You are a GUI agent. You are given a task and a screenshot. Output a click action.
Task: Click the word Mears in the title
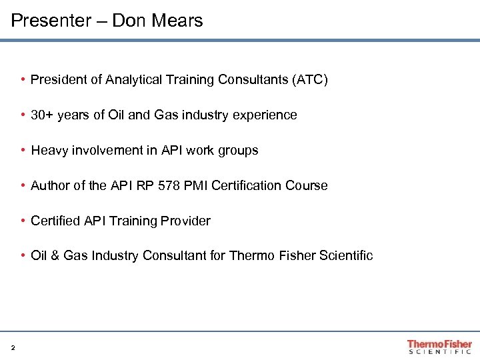pos(179,21)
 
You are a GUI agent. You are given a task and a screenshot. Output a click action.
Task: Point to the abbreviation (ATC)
pos(310,80)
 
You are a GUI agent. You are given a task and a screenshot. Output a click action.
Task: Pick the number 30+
pos(41,115)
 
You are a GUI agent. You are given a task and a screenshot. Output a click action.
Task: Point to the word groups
pos(238,151)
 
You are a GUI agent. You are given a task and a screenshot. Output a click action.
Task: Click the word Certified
pos(55,221)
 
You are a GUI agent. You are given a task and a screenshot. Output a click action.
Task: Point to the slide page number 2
pos(13,347)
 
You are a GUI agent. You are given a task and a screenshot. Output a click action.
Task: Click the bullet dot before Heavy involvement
pos(23,151)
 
